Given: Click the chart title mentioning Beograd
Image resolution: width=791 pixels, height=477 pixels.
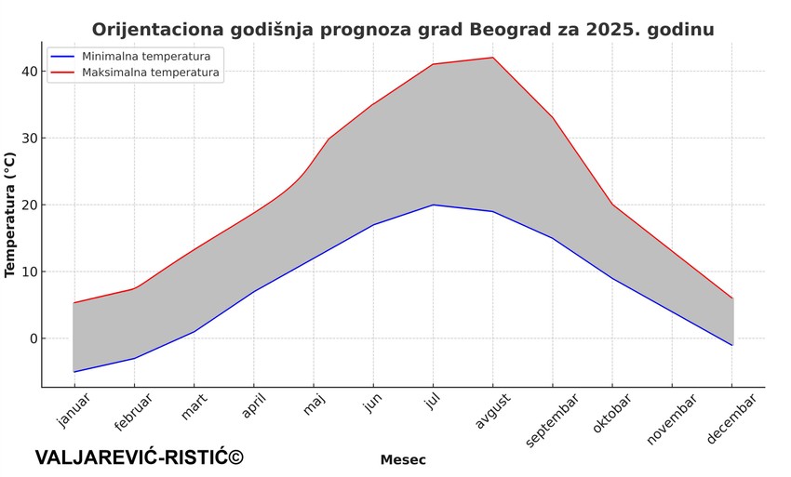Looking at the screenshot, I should pyautogui.click(x=403, y=30).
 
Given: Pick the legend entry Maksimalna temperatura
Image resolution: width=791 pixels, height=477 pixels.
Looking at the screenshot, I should pyautogui.click(x=151, y=72).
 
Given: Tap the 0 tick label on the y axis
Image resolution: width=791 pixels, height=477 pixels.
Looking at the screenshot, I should pyautogui.click(x=33, y=338).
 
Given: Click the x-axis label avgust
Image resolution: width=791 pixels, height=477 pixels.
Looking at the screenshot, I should pyautogui.click(x=493, y=411).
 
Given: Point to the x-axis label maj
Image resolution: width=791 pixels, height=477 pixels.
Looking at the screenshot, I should pyautogui.click(x=315, y=405).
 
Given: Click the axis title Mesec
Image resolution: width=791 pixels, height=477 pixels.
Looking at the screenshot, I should pyautogui.click(x=403, y=459).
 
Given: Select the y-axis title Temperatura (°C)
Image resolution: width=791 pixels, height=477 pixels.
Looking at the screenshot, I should pyautogui.click(x=10, y=216).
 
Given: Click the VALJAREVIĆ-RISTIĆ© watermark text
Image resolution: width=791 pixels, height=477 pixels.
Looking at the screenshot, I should pyautogui.click(x=140, y=457).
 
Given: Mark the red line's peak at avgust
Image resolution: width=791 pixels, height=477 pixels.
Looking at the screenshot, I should pyautogui.click(x=492, y=58).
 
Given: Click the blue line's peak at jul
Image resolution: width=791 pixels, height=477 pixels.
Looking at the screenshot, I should pyautogui.click(x=433, y=205).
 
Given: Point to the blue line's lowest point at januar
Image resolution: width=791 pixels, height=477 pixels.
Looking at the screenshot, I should pyautogui.click(x=74, y=372).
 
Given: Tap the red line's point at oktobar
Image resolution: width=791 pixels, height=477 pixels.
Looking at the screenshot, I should pyautogui.click(x=612, y=205).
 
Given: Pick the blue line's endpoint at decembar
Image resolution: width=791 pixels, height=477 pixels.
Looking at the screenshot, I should pyautogui.click(x=732, y=345).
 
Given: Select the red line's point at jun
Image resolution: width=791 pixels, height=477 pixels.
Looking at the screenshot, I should pyautogui.click(x=373, y=104).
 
